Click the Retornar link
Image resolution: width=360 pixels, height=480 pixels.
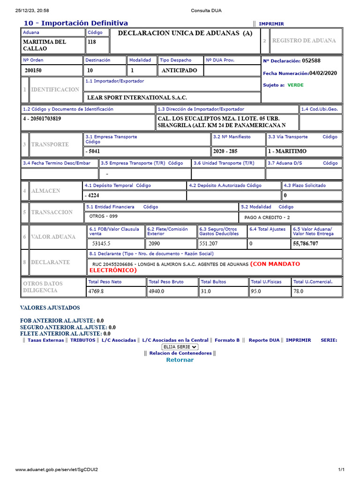click(x=180, y=360)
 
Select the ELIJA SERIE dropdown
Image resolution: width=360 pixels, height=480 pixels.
click(x=180, y=347)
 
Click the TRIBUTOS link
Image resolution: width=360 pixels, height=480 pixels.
click(x=82, y=340)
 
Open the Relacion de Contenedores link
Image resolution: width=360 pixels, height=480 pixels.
click(x=180, y=353)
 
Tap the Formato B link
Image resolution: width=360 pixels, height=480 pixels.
click(x=227, y=340)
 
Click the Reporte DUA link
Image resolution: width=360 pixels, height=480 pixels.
click(x=264, y=340)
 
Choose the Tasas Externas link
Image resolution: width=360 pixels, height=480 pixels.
click(x=45, y=340)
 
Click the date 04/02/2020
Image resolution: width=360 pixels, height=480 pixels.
click(x=322, y=73)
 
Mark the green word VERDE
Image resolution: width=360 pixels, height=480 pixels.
click(x=295, y=85)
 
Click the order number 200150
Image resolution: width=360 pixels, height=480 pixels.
click(x=33, y=71)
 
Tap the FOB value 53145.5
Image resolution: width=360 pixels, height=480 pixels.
click(x=101, y=244)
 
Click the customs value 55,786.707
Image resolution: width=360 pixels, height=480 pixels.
click(x=306, y=244)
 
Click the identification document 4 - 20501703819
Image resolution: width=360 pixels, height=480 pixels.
click(x=42, y=119)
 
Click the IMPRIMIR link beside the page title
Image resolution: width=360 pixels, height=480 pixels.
click(x=271, y=24)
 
